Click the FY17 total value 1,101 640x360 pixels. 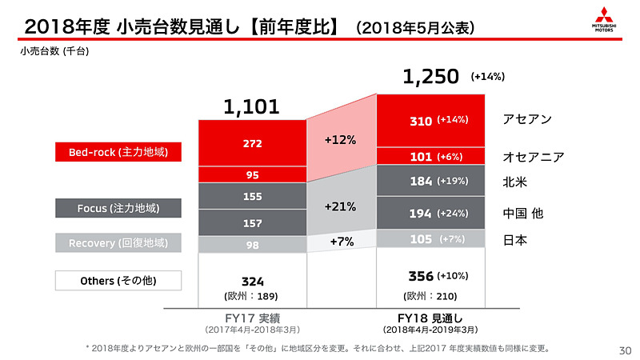coord(251,106)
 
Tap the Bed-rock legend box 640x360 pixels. coord(118,151)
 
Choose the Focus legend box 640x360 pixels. coord(118,209)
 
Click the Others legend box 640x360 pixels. coord(118,281)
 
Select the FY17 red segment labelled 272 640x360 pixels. coord(252,143)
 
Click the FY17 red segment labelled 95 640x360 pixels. coord(252,174)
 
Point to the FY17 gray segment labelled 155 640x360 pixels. coord(252,196)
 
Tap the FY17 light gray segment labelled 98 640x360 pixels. coord(252,245)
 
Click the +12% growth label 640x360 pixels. coord(341,139)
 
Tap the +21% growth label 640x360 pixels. coord(341,206)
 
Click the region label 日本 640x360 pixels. coord(514,239)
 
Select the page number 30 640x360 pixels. coord(625,350)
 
